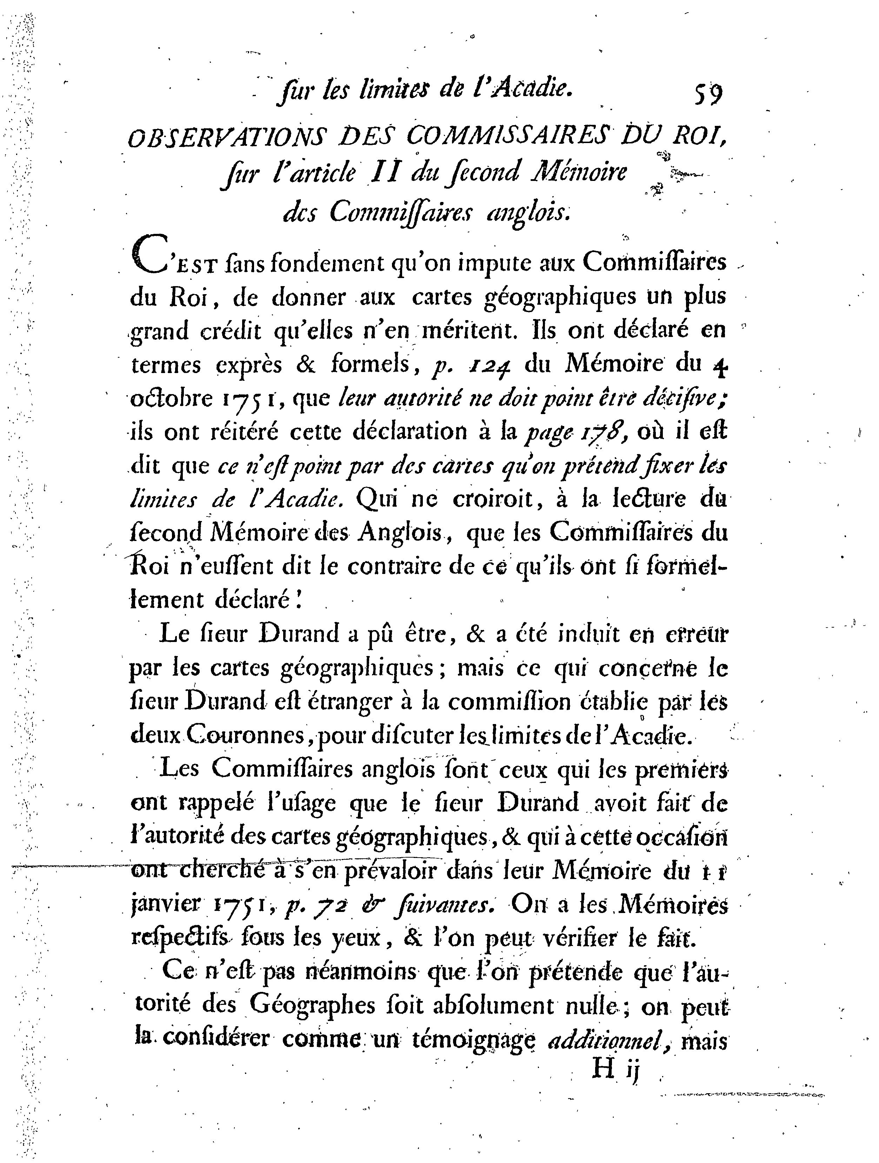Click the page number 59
point(708,95)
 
